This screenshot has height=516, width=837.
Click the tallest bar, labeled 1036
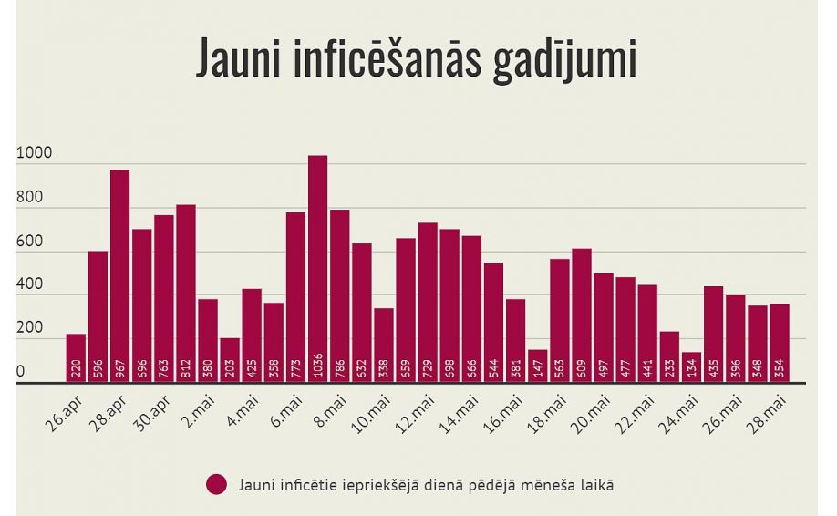(317, 269)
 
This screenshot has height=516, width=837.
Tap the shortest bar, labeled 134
(691, 367)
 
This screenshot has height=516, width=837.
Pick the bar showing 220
(76, 358)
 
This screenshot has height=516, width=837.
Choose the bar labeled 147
(537, 366)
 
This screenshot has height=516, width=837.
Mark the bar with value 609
(582, 315)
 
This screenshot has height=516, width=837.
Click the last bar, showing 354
(779, 343)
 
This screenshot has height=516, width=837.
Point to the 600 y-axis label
(28, 243)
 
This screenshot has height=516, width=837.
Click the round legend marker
(216, 485)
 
